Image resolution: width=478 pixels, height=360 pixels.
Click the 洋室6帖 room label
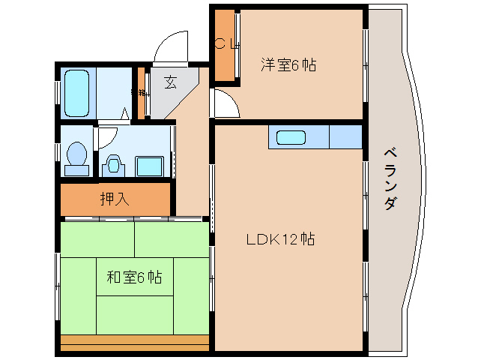(288, 64)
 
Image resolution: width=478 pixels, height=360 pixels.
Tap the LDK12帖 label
(281, 239)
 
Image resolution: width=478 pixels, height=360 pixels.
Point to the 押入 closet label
(115, 199)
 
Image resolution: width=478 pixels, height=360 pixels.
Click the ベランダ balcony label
(390, 177)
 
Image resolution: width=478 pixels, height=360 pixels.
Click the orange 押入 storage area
(115, 199)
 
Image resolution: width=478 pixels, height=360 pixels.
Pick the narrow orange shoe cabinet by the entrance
(139, 93)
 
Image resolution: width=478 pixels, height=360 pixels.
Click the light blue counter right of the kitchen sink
(345, 138)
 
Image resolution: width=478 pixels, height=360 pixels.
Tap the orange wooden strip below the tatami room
(135, 341)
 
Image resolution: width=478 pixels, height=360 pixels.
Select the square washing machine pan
(153, 165)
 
